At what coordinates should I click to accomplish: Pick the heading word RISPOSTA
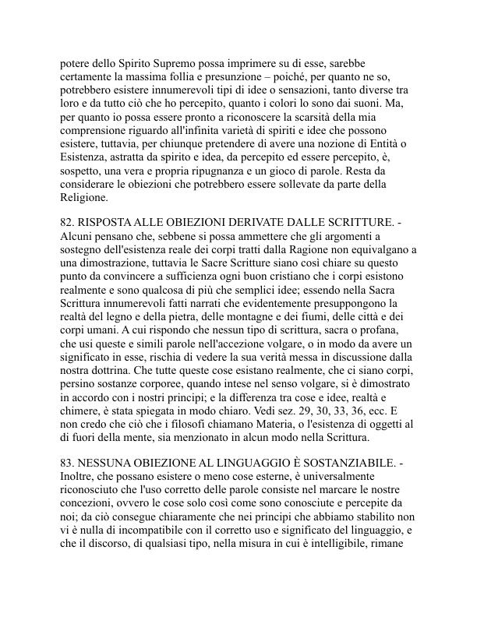(x=108, y=224)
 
